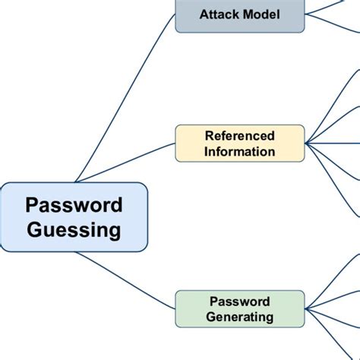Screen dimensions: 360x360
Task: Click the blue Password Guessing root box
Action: tap(74, 217)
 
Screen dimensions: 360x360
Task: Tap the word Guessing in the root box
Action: tap(74, 229)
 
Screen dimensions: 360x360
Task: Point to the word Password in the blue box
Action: tap(74, 205)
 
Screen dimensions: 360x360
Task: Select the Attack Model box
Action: tap(240, 14)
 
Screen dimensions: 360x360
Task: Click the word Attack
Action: tap(219, 14)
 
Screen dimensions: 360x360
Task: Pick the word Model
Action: tap(261, 14)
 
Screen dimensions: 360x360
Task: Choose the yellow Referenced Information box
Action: tap(240, 144)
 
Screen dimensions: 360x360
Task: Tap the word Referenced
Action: tap(240, 136)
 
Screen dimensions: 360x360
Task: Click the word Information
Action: tap(240, 151)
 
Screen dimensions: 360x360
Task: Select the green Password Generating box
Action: tap(240, 309)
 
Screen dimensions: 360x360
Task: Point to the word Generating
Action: tap(240, 317)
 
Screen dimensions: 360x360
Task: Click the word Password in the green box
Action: tap(240, 302)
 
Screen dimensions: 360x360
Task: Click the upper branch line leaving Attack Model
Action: tap(334, 5)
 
